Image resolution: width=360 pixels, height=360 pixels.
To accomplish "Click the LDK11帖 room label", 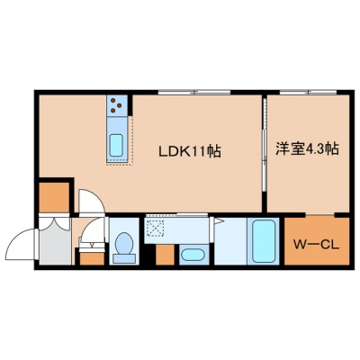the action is coord(190,151).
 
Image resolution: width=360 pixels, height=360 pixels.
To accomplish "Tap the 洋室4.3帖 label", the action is coord(308,148).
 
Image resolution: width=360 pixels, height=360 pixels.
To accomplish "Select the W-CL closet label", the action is coord(316,246).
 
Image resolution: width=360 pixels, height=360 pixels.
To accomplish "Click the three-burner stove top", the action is coord(116,105).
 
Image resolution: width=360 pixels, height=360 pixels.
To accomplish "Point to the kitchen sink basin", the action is coord(116,146).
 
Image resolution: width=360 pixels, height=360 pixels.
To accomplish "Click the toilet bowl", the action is coord(124,244).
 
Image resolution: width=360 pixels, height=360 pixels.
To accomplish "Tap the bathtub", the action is coord(264,241).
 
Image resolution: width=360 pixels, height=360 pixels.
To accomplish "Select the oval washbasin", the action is coord(193,256).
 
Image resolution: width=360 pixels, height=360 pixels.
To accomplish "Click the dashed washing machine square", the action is coord(154,227).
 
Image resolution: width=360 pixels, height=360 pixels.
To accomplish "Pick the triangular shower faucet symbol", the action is coord(219,221).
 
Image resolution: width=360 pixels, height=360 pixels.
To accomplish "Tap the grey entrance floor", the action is coord(55,243).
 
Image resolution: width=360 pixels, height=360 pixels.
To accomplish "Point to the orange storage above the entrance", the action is coord(54,197).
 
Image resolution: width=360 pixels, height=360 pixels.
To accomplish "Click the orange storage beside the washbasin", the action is coord(165,255).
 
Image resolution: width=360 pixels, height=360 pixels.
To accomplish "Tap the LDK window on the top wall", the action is coord(194,93).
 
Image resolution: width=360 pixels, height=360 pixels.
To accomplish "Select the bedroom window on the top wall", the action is coord(308,93).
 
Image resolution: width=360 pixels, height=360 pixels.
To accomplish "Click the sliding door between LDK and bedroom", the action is coord(265,144).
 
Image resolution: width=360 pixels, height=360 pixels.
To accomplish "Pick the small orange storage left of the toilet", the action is coord(92,259).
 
